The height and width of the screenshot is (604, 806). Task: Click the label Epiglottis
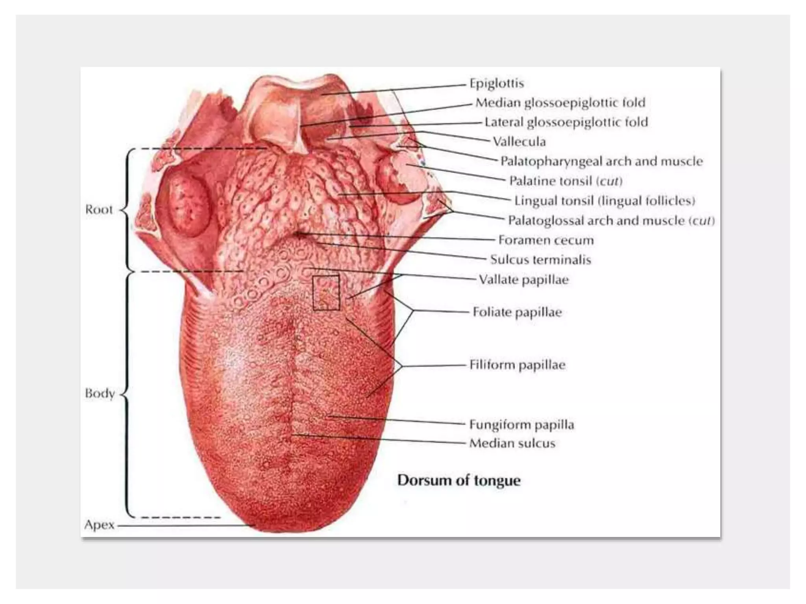(x=497, y=83)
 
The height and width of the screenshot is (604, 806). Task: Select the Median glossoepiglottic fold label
(x=560, y=103)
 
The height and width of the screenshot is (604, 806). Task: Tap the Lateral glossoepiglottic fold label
(x=566, y=122)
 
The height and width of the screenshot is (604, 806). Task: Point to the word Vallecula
(x=519, y=142)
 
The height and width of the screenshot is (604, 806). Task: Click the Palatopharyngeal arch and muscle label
(x=601, y=161)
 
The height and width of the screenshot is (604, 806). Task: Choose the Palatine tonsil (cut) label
(x=566, y=181)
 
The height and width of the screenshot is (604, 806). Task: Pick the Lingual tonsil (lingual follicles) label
(x=604, y=201)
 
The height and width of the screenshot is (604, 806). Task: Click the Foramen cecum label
(x=546, y=240)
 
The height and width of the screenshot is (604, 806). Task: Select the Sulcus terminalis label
(x=540, y=260)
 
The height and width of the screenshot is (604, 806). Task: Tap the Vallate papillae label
(x=523, y=280)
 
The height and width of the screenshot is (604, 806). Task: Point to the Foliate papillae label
(x=517, y=312)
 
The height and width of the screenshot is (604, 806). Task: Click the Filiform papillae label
(x=517, y=365)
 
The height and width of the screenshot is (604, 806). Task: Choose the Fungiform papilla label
(x=521, y=425)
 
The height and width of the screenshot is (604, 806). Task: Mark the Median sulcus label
(x=512, y=444)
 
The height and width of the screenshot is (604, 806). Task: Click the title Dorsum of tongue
(x=458, y=480)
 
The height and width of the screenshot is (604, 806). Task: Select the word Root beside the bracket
(x=99, y=210)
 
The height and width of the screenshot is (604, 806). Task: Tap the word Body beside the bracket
(x=100, y=393)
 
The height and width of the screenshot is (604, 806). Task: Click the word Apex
(x=99, y=525)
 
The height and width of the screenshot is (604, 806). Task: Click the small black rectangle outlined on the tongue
(x=326, y=293)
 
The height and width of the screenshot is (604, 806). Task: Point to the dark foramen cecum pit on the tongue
(x=299, y=236)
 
